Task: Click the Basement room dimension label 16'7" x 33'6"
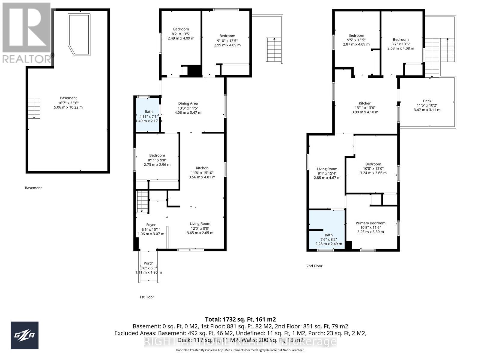(x=68, y=103)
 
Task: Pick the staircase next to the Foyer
(x=142, y=202)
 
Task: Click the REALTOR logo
(x=27, y=33)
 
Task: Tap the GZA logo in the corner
(x=25, y=335)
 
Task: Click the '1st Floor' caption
(x=147, y=297)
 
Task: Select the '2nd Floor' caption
(x=314, y=266)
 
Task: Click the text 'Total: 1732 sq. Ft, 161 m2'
(x=240, y=319)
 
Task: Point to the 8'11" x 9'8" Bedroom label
(x=157, y=160)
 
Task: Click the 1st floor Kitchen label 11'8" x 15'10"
(x=202, y=172)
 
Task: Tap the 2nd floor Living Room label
(x=327, y=173)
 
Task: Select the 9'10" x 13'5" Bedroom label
(x=227, y=40)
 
